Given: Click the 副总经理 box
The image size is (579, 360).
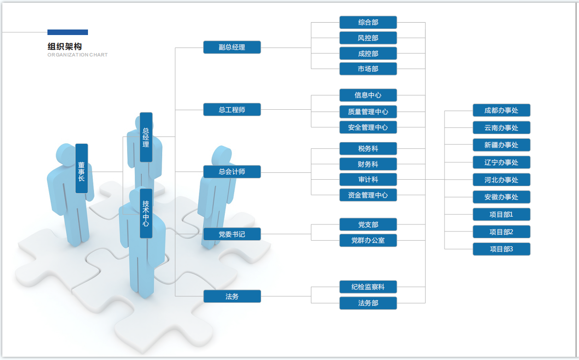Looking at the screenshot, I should (232, 47).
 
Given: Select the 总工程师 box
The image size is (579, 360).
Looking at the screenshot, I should (232, 110).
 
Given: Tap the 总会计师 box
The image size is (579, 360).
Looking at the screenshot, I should (232, 171).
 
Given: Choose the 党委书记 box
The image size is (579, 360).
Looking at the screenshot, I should (232, 234).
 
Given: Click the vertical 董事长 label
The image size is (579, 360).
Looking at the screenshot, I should (82, 169).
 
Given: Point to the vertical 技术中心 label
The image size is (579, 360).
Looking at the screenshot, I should (146, 213).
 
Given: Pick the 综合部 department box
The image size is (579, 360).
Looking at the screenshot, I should (368, 22).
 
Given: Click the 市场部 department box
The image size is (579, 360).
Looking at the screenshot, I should (368, 69).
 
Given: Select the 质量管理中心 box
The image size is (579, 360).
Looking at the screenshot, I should (368, 112).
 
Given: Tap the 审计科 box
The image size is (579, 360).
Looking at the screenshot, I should (368, 179).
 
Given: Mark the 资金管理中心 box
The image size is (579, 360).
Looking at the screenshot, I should (368, 195).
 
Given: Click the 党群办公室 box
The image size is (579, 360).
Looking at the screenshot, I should (368, 240).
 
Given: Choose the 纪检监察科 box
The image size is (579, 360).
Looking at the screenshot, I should (368, 287).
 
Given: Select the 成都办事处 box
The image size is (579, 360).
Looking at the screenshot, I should (501, 110).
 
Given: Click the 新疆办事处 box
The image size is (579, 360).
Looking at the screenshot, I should (501, 145).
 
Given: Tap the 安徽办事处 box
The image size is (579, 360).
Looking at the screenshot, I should (501, 197).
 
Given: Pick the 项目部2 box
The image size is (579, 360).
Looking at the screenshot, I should (501, 232).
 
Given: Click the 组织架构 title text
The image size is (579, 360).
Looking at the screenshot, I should (64, 46).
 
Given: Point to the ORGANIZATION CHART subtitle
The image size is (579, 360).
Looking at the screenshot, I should (77, 55).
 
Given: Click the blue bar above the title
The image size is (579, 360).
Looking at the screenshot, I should (68, 32).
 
